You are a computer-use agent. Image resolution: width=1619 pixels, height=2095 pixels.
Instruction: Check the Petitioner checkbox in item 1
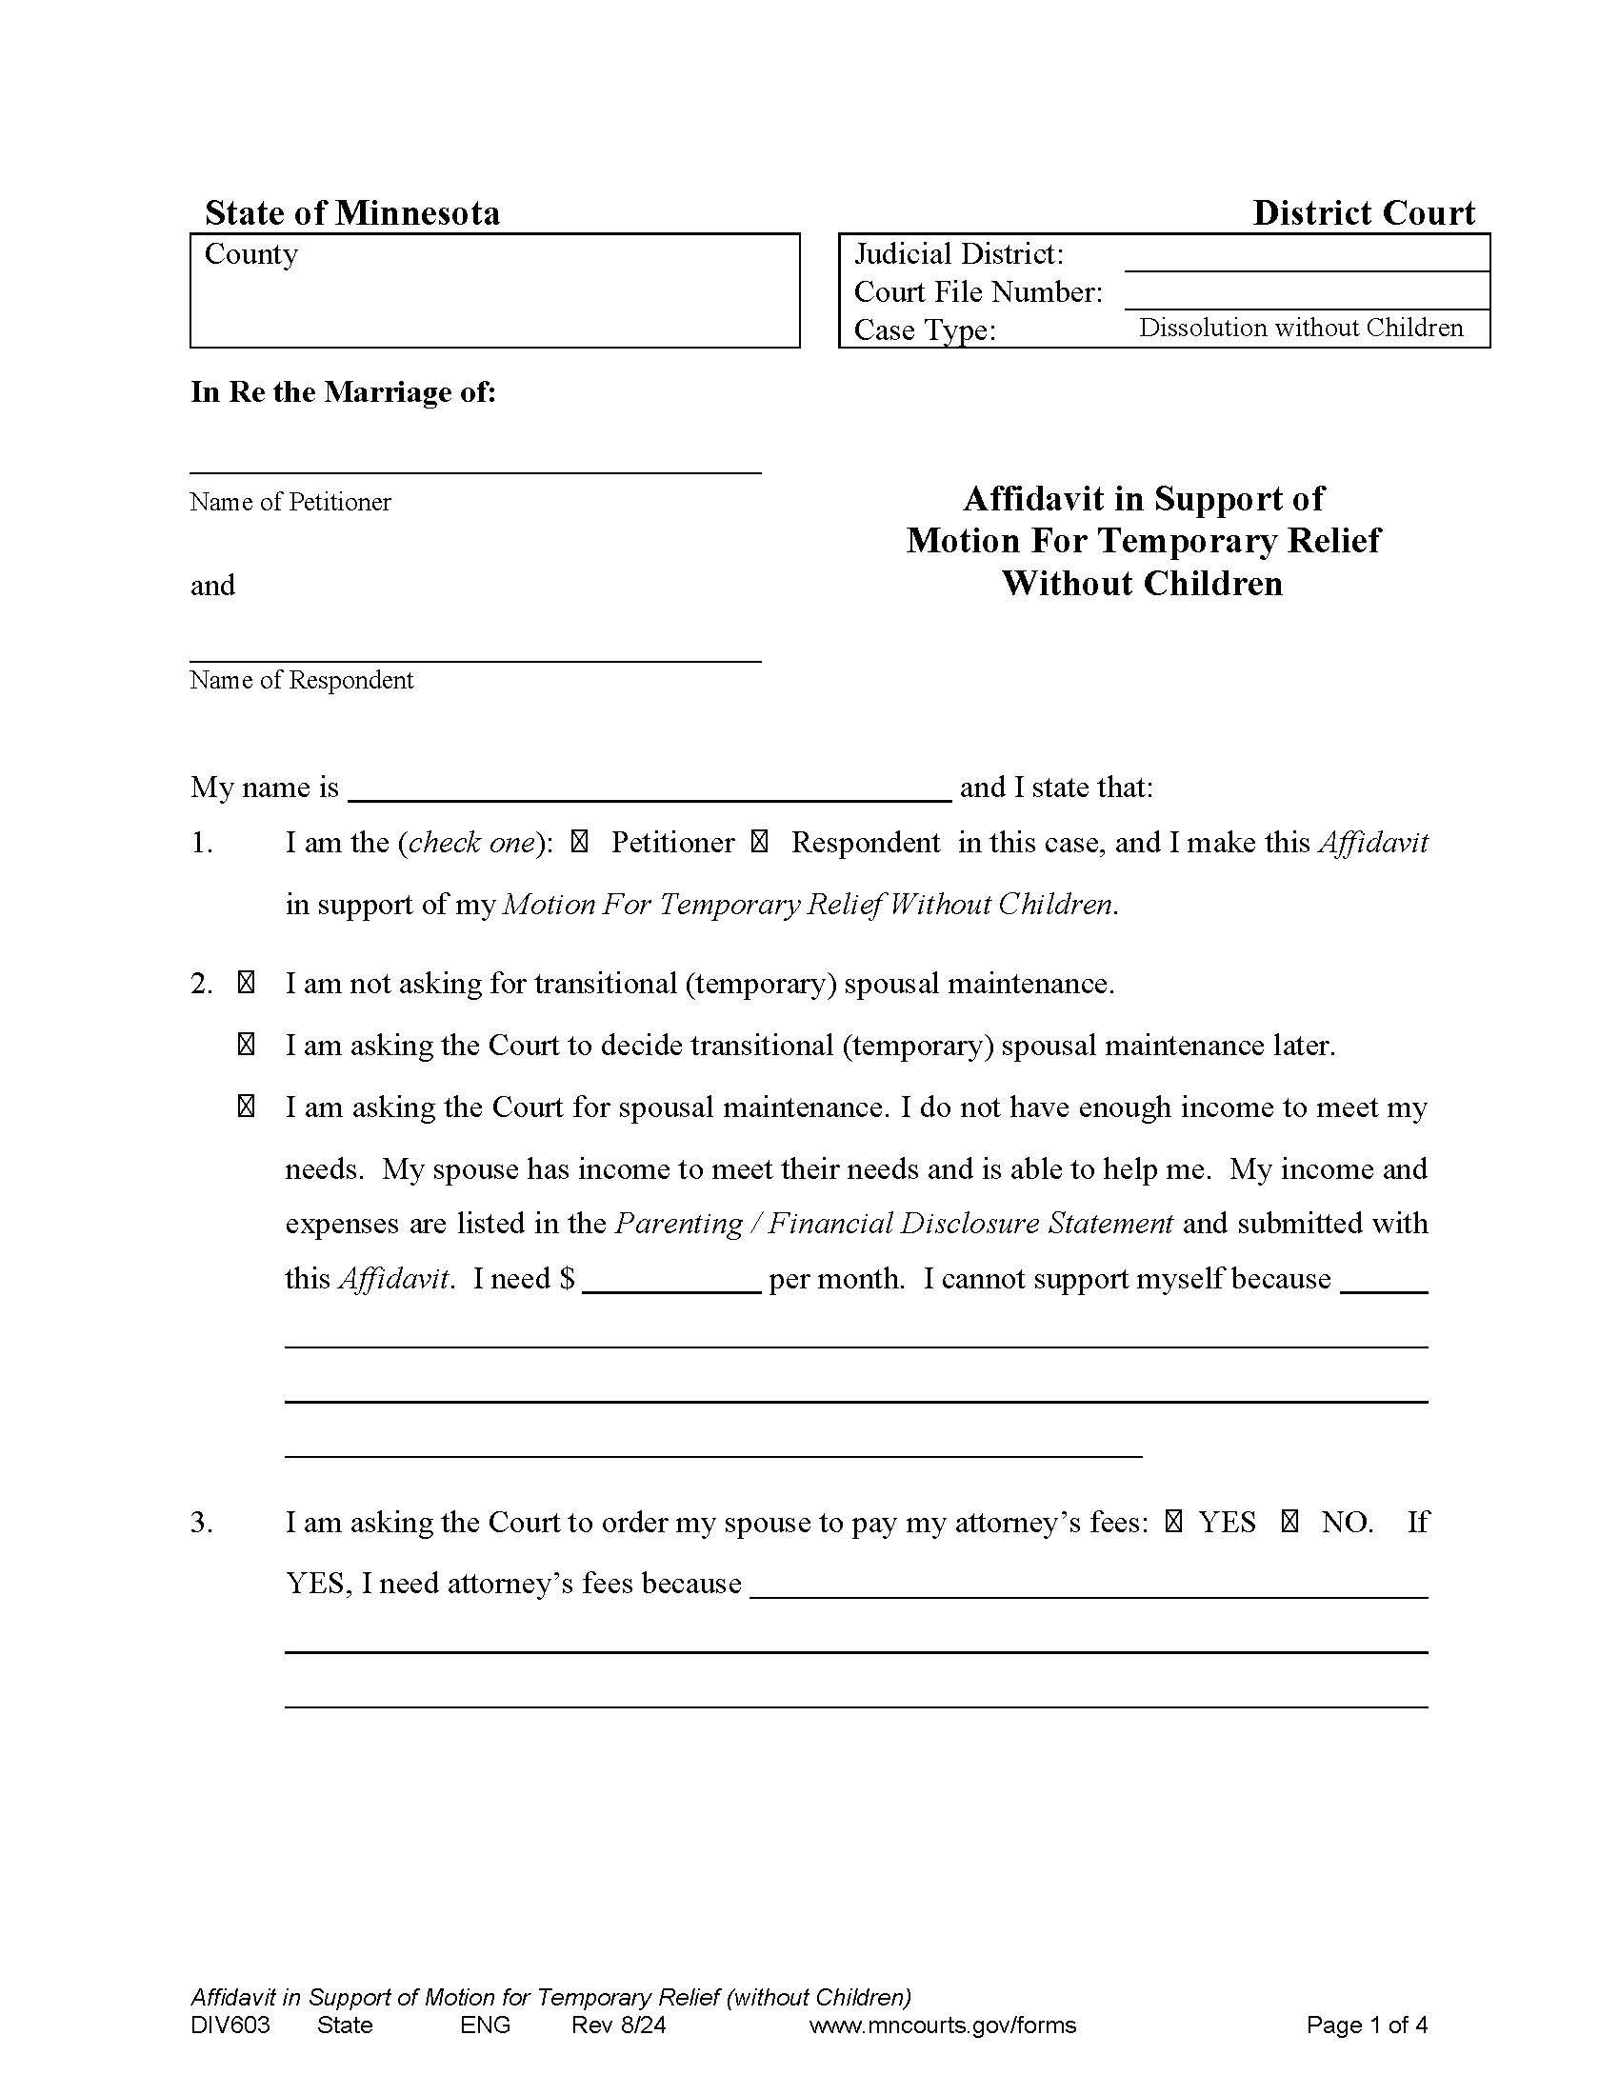579,843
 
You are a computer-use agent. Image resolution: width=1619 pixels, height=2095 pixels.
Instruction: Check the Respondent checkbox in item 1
759,843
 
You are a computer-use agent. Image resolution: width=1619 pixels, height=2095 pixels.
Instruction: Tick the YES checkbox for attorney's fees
1174,1522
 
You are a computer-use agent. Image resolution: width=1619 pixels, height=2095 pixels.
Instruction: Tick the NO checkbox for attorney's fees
1290,1522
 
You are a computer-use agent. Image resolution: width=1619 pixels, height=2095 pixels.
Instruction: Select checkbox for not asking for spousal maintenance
246,984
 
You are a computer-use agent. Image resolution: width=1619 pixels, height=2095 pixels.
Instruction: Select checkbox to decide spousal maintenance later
246,1045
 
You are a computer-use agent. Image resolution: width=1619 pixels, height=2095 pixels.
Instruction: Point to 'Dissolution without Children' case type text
1301,329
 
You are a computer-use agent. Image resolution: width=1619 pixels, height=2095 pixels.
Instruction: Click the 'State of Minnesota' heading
352,212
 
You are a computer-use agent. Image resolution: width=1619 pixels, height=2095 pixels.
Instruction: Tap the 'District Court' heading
1363,212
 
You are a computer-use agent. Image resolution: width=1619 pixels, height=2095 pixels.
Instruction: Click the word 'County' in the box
251,254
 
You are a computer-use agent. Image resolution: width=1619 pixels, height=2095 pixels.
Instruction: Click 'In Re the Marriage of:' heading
343,391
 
